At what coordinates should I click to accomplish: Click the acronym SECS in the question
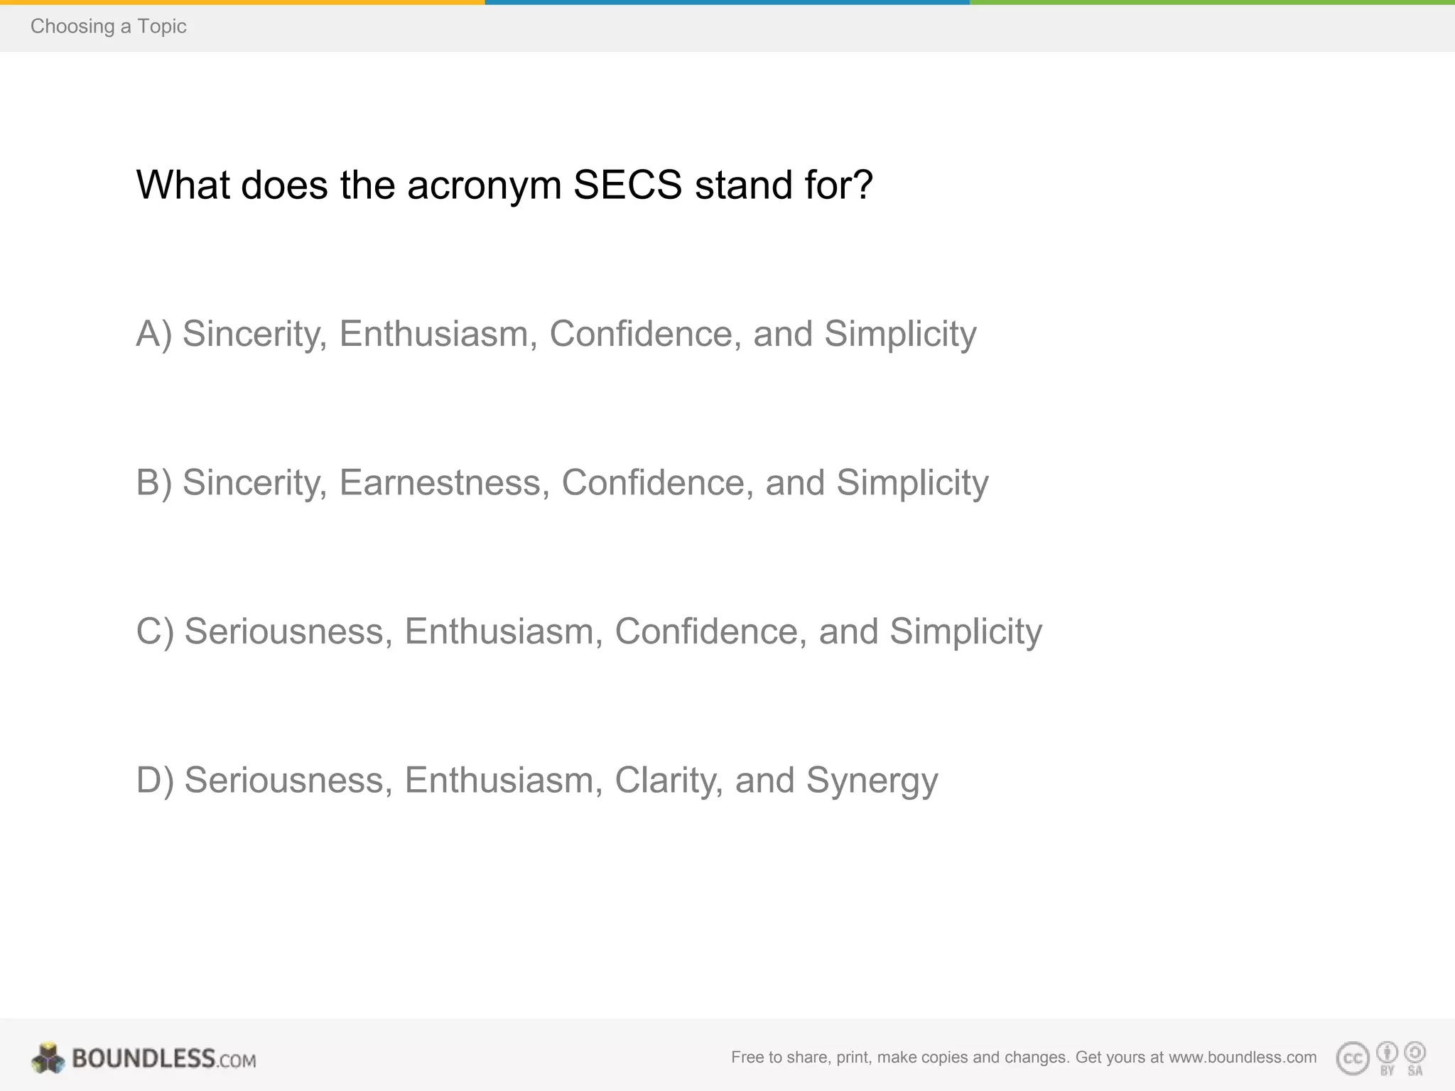pos(627,185)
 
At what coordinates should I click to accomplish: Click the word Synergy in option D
pos(872,781)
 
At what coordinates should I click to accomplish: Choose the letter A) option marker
pos(153,334)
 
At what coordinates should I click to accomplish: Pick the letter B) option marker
pos(153,483)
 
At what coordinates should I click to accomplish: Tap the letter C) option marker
pos(154,631)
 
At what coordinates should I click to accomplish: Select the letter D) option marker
pos(154,781)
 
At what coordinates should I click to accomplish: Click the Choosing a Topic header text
pos(108,26)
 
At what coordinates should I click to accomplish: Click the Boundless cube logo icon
pos(48,1058)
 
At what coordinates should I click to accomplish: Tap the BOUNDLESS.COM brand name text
pos(164,1059)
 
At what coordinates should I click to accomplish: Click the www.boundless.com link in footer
pos(1243,1058)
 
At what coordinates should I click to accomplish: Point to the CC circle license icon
pos(1352,1059)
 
